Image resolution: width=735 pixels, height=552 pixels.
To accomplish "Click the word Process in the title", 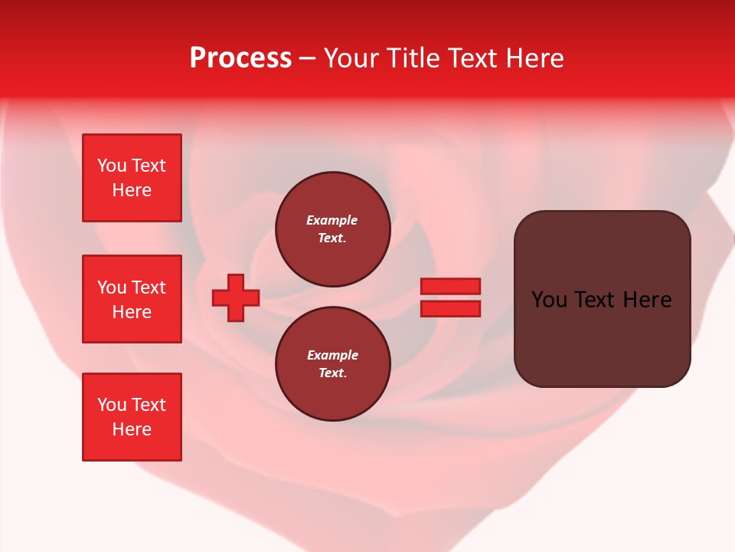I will tap(240, 58).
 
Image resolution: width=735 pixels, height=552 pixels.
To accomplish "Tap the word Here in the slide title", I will tap(534, 58).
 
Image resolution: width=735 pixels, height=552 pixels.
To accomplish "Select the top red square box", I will tap(132, 178).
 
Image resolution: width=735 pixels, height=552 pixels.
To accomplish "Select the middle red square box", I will tap(132, 299).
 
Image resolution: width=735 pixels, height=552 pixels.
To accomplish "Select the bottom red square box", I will tap(132, 417).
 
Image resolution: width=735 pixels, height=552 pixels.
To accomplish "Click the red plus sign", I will tap(236, 297).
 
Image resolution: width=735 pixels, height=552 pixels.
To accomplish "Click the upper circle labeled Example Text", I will tap(332, 229).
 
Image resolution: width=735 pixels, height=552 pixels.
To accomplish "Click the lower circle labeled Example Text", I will tap(332, 364).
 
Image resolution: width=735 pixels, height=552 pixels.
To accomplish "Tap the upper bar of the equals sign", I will tap(450, 287).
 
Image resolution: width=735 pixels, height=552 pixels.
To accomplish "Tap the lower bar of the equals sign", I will tap(450, 309).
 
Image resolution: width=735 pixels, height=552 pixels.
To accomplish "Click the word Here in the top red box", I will tap(132, 190).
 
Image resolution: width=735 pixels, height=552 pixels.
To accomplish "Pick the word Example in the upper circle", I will tap(332, 221).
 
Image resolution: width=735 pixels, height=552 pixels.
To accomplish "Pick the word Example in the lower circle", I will tap(332, 356).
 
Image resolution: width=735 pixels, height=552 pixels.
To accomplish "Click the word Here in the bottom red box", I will tap(132, 429).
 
